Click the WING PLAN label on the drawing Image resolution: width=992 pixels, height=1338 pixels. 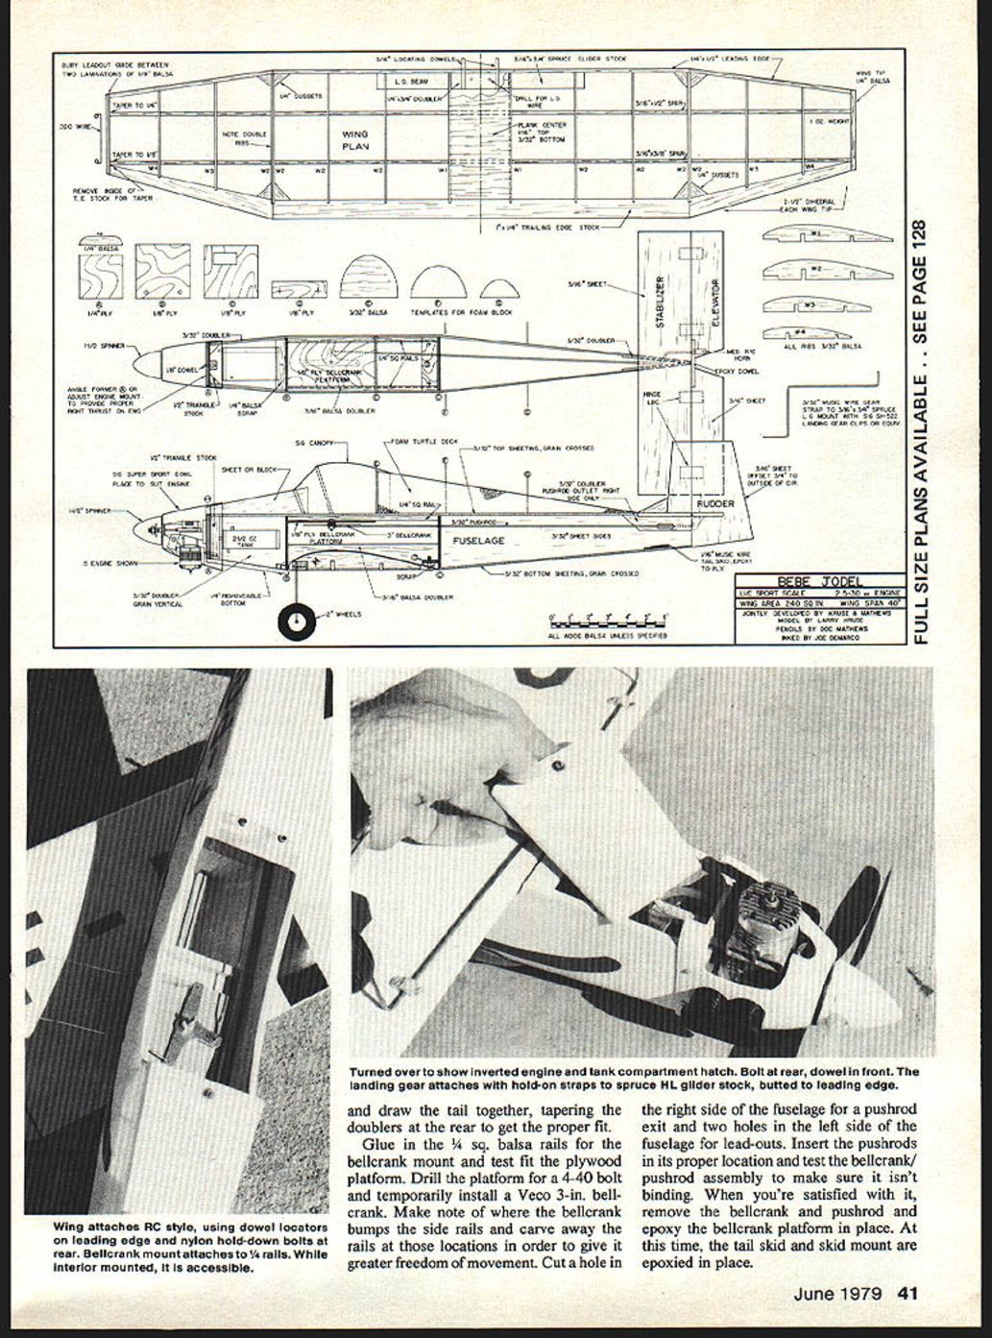[355, 140]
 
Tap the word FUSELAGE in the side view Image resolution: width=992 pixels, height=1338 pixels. [478, 541]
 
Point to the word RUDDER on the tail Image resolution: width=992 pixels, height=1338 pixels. [714, 503]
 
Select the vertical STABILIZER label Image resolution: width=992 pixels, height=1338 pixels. [660, 301]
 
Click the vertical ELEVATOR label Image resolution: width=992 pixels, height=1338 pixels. [715, 301]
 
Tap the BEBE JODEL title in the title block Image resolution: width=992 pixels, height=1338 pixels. [819, 581]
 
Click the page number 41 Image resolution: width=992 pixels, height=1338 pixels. [907, 1293]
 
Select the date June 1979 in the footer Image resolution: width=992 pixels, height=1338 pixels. [837, 1293]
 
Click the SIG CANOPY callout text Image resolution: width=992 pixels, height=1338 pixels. [319, 444]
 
